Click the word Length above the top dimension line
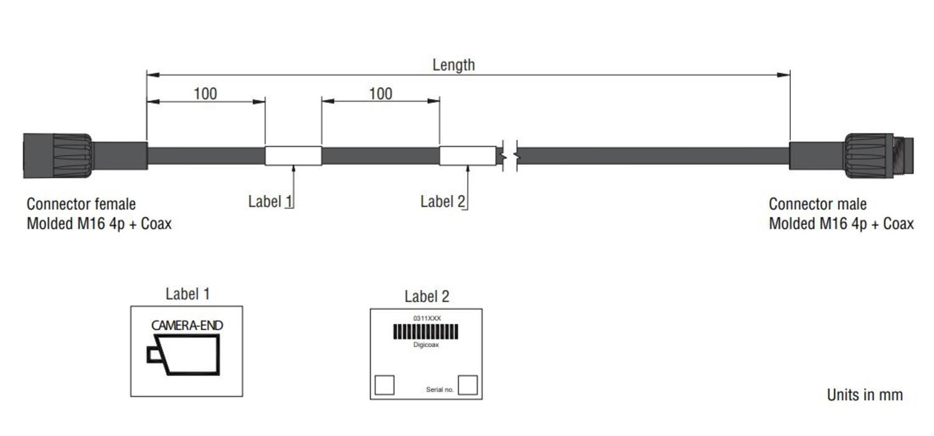(453, 65)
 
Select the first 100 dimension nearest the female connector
(205, 93)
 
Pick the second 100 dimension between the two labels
(380, 93)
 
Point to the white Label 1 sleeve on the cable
(293, 156)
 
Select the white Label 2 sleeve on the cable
(468, 156)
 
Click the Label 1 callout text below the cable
(270, 201)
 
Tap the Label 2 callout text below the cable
(443, 201)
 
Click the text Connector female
(81, 204)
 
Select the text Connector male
(818, 204)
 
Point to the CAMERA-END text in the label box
(187, 325)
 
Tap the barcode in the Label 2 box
(426, 331)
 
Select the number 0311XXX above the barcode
(427, 318)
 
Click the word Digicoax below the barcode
(426, 344)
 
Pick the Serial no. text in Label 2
(440, 390)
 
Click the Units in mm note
(864, 394)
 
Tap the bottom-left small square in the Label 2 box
(384, 385)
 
